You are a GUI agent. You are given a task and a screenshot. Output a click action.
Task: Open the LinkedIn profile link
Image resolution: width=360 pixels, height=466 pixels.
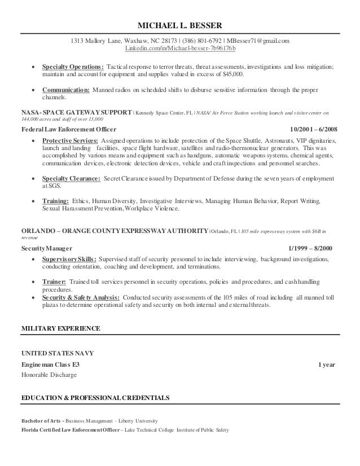[180, 50]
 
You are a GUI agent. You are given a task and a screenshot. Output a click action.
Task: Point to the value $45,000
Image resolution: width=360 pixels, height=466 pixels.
[232, 74]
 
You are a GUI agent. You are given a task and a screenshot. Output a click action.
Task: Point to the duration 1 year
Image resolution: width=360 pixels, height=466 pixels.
[327, 364]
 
